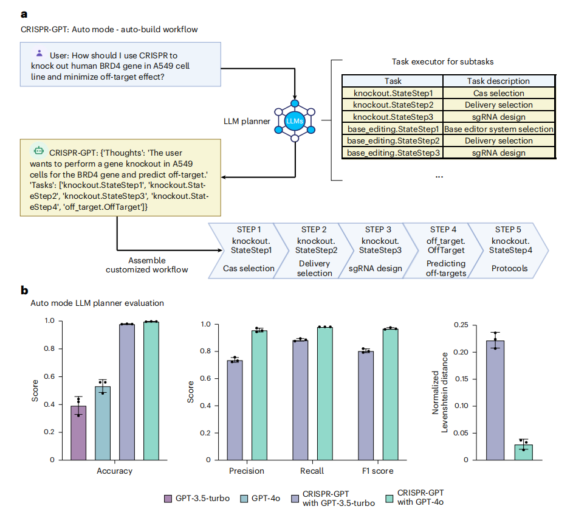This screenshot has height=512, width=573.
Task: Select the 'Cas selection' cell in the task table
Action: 498,93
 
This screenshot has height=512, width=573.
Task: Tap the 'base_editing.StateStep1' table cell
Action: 393,129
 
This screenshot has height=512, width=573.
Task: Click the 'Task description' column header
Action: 498,81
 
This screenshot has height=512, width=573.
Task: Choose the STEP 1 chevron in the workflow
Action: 242,250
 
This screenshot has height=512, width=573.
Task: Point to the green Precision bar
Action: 259,395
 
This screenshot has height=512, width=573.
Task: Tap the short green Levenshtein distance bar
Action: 523,452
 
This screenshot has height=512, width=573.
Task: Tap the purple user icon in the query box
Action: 39,53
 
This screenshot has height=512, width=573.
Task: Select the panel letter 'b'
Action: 25,291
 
